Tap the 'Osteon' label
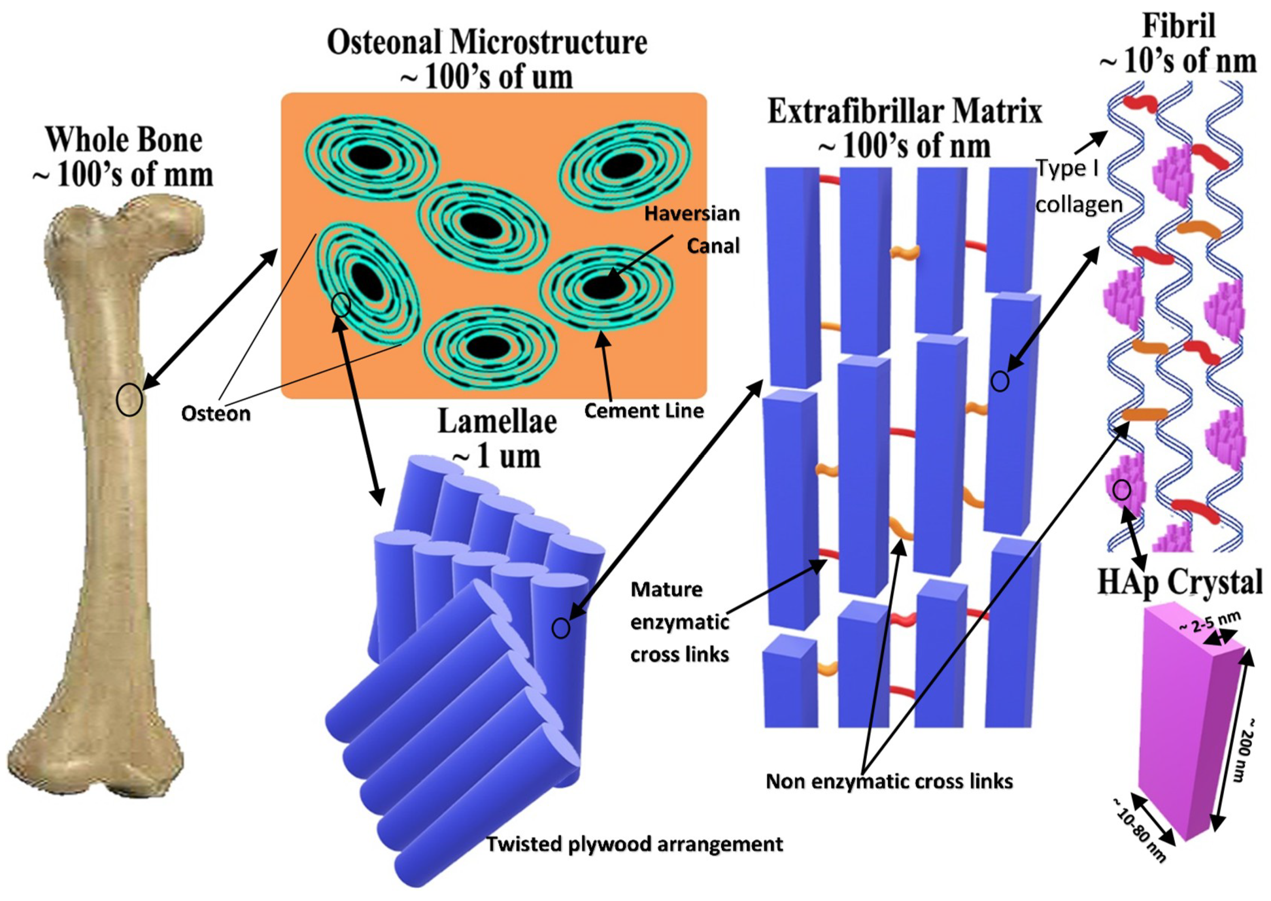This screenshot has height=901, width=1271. pyautogui.click(x=216, y=413)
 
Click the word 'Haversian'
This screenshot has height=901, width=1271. pyautogui.click(x=692, y=214)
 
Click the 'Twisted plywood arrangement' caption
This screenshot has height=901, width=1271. pyautogui.click(x=635, y=844)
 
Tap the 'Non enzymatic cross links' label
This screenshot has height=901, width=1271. pyautogui.click(x=889, y=781)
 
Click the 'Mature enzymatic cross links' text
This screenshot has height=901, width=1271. pyautogui.click(x=679, y=622)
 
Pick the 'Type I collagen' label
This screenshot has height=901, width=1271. pyautogui.click(x=1079, y=186)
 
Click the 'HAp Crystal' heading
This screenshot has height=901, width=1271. pyautogui.click(x=1179, y=582)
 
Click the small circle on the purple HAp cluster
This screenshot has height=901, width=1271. pyautogui.click(x=1122, y=490)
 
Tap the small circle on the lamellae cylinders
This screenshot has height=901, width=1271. pyautogui.click(x=560, y=628)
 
